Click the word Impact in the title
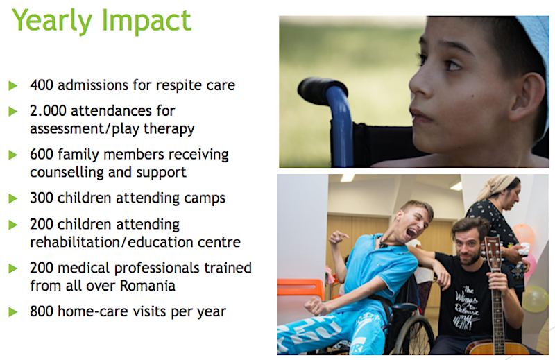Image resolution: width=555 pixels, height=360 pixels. [146, 22]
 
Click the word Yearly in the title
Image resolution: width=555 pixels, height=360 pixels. [51, 22]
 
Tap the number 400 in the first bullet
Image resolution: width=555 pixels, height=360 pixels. [42, 85]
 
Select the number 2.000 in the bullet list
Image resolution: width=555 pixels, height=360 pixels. [48, 111]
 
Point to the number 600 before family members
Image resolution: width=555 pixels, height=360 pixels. [42, 155]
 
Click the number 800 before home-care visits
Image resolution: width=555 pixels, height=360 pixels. [42, 311]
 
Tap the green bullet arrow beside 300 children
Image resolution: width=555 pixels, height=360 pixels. [13, 198]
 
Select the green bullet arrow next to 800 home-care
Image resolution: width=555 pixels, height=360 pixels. [13, 312]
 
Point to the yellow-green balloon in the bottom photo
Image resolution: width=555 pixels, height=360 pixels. [535, 299]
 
